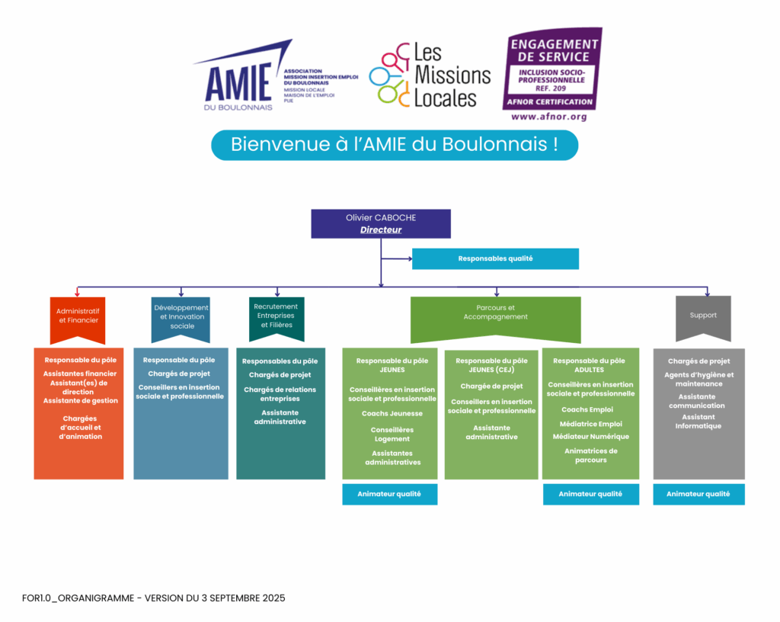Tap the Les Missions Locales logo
pyautogui.click(x=430, y=75)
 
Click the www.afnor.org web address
pyautogui.click(x=548, y=117)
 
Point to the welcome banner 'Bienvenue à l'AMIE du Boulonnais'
pyautogui.click(x=394, y=145)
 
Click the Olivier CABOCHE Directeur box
pyautogui.click(x=381, y=223)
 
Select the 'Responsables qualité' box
pyautogui.click(x=495, y=258)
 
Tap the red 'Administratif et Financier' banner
pyautogui.click(x=77, y=316)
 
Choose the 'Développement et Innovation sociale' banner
pyautogui.click(x=181, y=316)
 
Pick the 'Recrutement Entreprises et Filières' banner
pyautogui.click(x=276, y=316)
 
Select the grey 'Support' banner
pyautogui.click(x=703, y=315)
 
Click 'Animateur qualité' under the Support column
pyautogui.click(x=698, y=494)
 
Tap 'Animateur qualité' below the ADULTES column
pyautogui.click(x=590, y=494)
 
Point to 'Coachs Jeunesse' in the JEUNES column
pyautogui.click(x=392, y=413)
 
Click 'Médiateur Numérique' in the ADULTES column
pyautogui.click(x=590, y=437)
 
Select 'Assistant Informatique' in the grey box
pyautogui.click(x=698, y=422)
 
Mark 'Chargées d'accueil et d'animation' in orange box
pyautogui.click(x=80, y=427)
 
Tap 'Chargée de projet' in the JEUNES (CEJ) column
pyautogui.click(x=491, y=386)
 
